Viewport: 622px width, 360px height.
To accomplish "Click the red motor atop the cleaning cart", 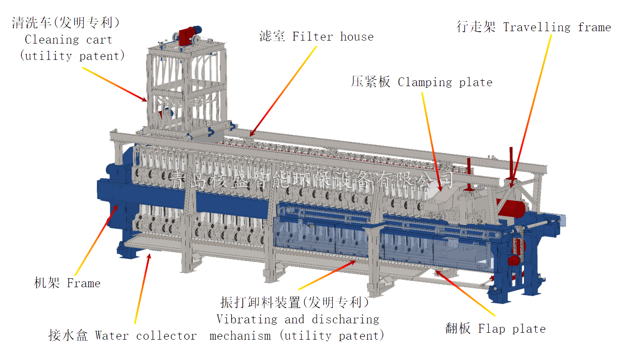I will tap(188, 35).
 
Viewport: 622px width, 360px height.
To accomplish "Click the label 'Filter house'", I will tap(333, 36).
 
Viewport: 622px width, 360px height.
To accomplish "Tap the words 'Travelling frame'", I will tap(557, 27).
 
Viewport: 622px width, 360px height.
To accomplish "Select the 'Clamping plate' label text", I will tap(445, 82).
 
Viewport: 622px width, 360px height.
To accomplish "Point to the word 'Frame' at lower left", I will tap(83, 283).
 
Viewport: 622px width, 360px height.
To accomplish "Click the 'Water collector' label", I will tap(146, 335).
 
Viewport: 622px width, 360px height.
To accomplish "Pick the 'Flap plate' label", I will tap(512, 328).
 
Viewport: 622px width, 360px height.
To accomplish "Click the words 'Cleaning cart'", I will tap(68, 39).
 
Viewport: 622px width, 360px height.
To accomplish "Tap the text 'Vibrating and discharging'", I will tap(298, 319).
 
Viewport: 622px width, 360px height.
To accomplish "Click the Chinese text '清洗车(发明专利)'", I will tap(66, 23).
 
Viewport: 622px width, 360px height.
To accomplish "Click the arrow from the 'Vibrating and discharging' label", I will tap(327, 275).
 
